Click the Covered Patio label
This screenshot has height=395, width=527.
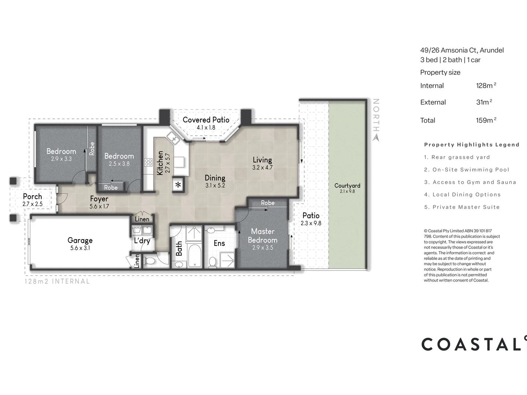pyautogui.click(x=206, y=120)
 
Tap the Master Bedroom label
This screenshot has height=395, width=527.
pyautogui.click(x=262, y=236)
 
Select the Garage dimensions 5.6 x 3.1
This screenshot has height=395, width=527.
pyautogui.click(x=80, y=248)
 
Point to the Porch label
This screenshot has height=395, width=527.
pyautogui.click(x=32, y=196)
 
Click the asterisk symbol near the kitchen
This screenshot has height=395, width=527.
pyautogui.click(x=178, y=185)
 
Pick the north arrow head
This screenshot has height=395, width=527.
pyautogui.click(x=376, y=138)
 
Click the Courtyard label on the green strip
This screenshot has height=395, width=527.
pyautogui.click(x=347, y=185)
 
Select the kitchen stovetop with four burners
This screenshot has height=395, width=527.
pyautogui.click(x=148, y=162)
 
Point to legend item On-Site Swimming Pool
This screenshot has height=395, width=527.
pyautogui.click(x=471, y=170)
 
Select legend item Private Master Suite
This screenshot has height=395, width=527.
pyautogui.click(x=466, y=207)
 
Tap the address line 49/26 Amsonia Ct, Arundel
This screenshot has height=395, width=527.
pyautogui.click(x=462, y=50)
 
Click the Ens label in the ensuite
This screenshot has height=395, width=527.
pyautogui.click(x=219, y=243)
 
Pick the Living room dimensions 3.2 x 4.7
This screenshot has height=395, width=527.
pyautogui.click(x=262, y=168)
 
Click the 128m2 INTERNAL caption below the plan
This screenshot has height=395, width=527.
pyautogui.click(x=57, y=281)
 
